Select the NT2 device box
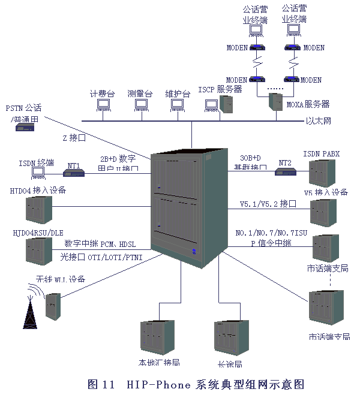pos(286,172)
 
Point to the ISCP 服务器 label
pos(220,89)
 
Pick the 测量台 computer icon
pos(140,105)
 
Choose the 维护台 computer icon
pos(177,105)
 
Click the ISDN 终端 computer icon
pos(39,173)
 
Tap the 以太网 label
pos(319,122)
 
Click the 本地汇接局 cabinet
pos(158,339)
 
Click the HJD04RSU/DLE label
pos(38,233)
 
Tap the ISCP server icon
pos(227,104)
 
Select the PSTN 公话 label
pos(24,108)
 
